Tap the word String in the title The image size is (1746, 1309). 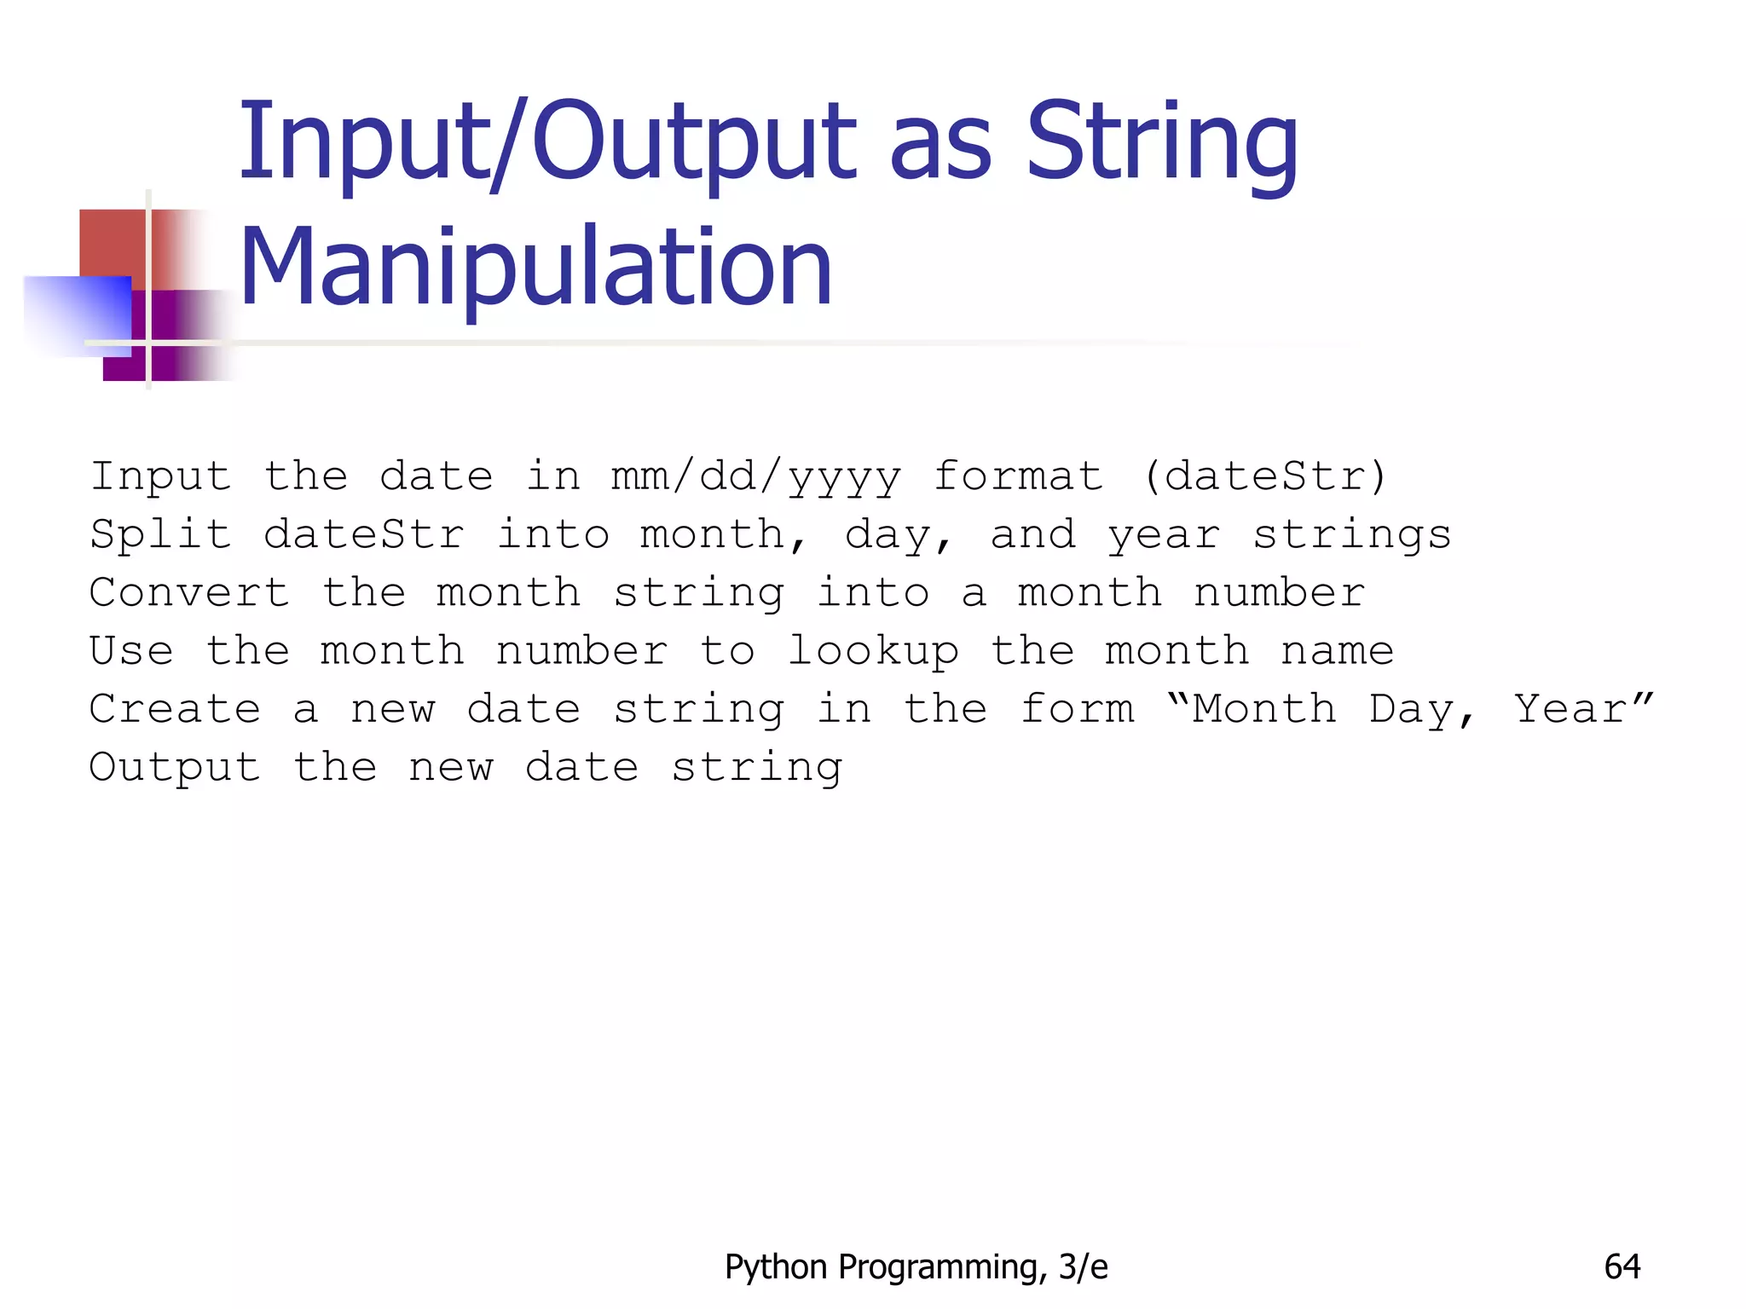1161,145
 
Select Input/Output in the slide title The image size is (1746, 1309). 546,145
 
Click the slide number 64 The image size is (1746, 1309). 1622,1266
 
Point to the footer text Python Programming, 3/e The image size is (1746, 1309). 916,1267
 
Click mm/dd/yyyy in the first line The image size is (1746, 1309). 755,477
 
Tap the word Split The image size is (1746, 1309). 160,535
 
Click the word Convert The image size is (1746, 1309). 189,593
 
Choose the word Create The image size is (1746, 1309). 175,709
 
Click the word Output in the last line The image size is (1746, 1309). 175,768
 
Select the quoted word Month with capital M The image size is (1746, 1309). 1263,709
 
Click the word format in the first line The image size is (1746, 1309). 1018,476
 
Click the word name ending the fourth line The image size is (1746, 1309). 1337,652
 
